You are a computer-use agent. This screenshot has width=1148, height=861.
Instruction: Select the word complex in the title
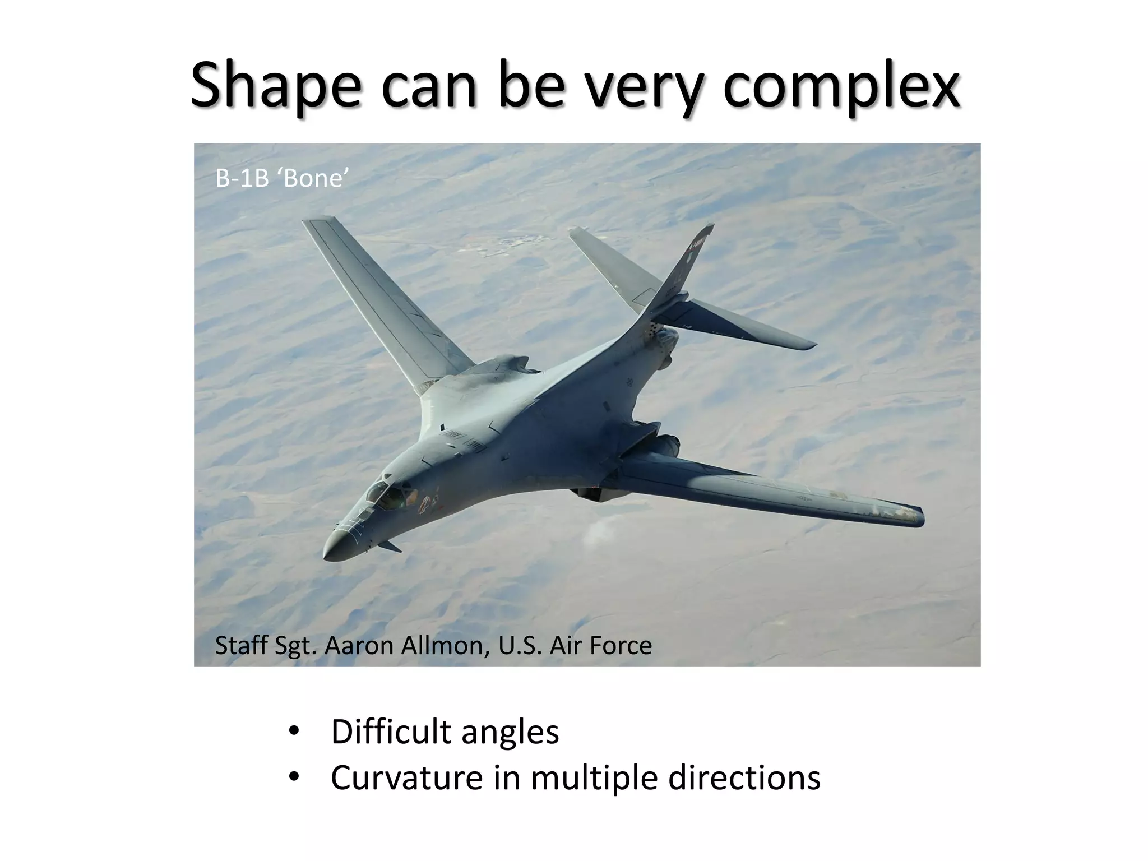(x=841, y=86)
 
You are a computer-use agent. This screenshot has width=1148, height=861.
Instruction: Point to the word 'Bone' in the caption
(x=315, y=179)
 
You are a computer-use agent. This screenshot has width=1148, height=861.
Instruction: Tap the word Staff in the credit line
(x=242, y=646)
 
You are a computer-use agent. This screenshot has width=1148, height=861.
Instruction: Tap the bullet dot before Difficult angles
(x=293, y=732)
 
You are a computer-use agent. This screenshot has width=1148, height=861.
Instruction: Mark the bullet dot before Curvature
(x=293, y=778)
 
